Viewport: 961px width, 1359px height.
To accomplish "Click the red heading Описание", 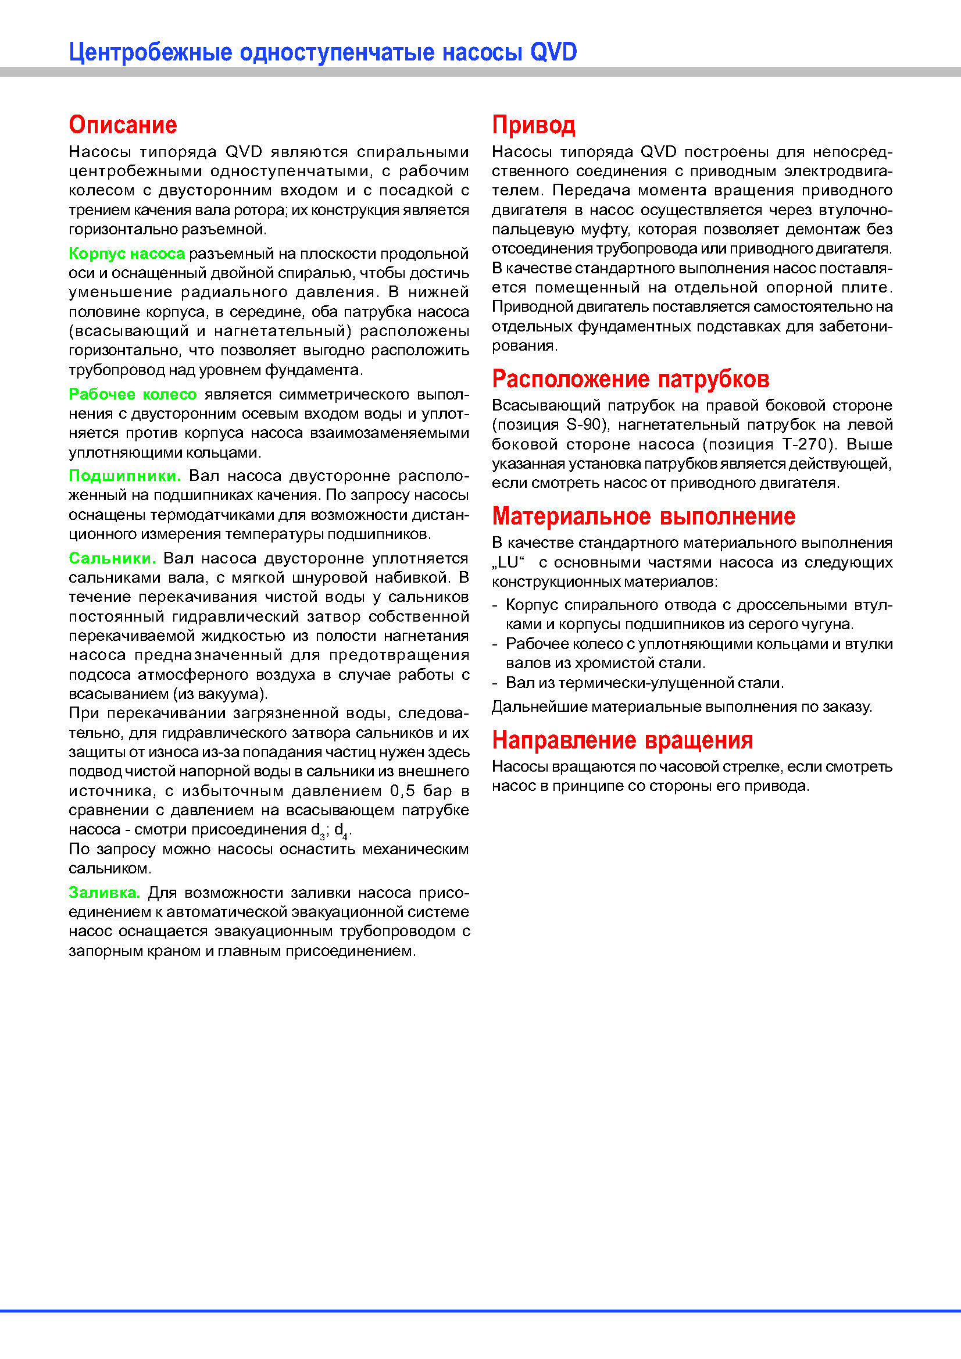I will [123, 125].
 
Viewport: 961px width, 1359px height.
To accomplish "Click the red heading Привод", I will [533, 125].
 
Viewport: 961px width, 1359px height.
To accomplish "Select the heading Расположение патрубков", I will [630, 379].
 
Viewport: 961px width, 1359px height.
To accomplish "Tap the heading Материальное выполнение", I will [643, 516].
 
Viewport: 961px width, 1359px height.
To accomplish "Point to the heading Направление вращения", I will [622, 740].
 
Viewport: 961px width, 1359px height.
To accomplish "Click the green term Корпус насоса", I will [127, 254].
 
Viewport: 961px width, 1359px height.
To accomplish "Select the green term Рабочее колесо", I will [133, 394].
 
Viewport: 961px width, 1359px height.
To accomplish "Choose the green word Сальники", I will [112, 558].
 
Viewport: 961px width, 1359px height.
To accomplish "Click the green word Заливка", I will [104, 893].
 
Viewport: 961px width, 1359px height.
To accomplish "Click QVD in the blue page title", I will [553, 52].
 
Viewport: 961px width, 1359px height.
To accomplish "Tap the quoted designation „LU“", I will [508, 562].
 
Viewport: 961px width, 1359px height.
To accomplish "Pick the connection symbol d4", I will [340, 830].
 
